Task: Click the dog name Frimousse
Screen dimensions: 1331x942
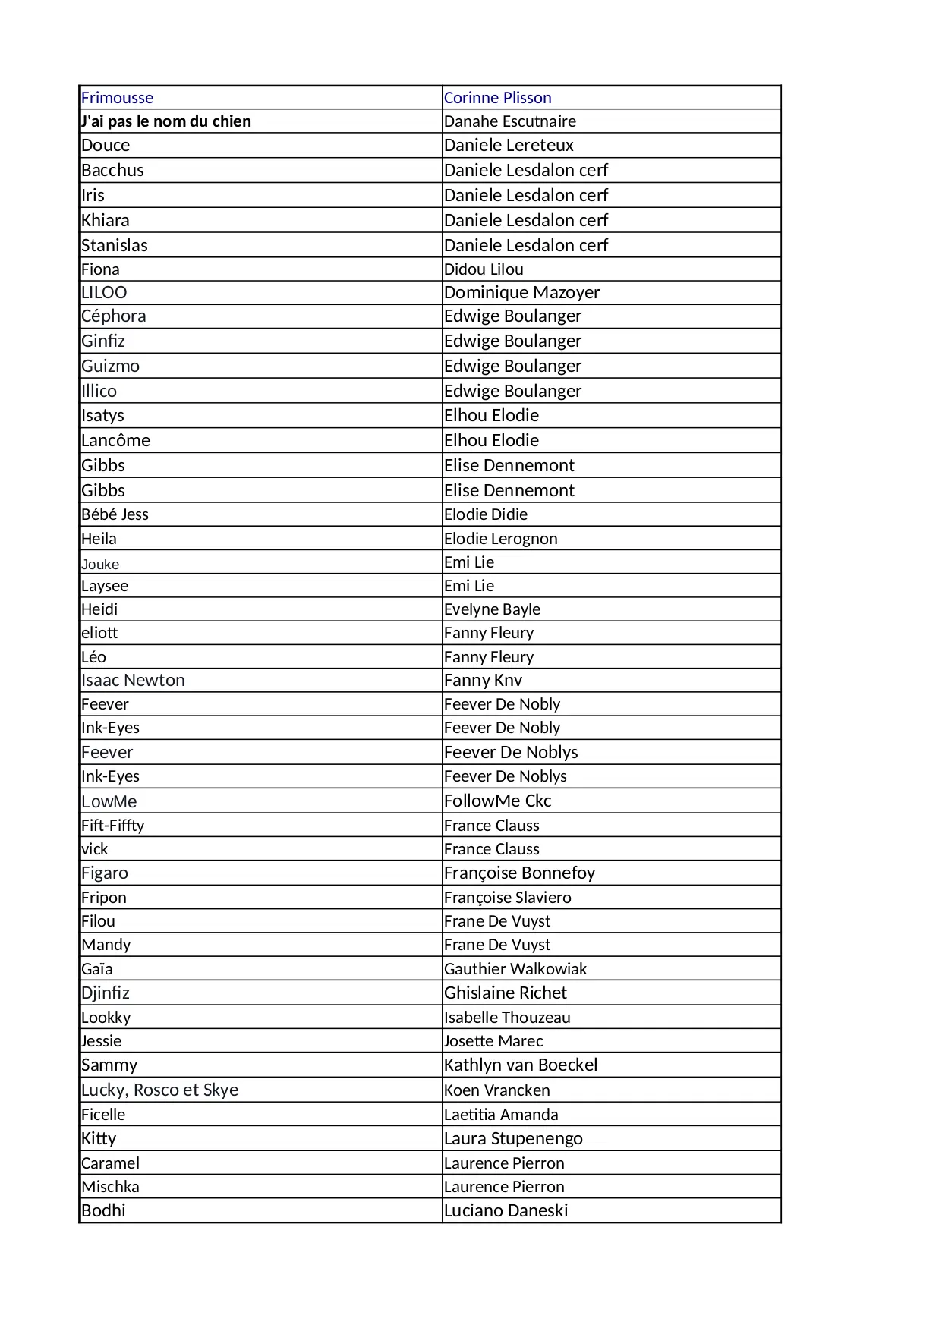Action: coord(117,98)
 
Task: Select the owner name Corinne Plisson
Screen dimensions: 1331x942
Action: coord(497,98)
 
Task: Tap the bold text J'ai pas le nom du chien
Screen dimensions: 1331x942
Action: coord(166,121)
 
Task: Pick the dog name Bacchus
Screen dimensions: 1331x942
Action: coord(112,170)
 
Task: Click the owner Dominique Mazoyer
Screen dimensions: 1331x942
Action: coord(521,292)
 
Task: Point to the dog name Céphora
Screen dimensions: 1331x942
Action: coord(114,316)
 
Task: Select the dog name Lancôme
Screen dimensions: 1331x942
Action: coord(115,440)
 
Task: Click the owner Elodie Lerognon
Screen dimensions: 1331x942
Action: coord(500,539)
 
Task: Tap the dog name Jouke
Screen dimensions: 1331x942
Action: coord(100,564)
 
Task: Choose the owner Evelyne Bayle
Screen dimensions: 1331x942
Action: coord(492,609)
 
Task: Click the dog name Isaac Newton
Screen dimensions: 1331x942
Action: coord(133,680)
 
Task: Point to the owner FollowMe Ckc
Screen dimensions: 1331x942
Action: coord(497,801)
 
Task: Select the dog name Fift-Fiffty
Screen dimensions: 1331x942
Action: coord(112,826)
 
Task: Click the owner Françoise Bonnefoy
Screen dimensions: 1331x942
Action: coord(519,873)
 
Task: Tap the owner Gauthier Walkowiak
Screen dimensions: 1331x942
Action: coord(515,969)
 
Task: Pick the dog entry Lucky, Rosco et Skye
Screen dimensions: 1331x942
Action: coord(159,1090)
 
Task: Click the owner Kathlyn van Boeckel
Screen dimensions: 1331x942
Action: coord(521,1065)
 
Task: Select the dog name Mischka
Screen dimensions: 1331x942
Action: coord(110,1187)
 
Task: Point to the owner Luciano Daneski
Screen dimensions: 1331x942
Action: coord(506,1210)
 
